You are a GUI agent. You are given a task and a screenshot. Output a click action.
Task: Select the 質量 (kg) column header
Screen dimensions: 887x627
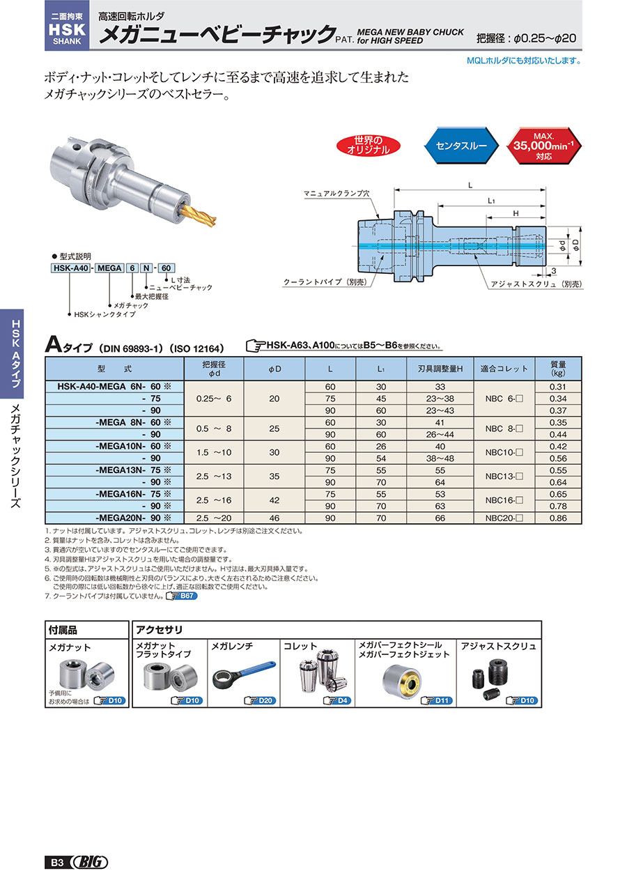[558, 368]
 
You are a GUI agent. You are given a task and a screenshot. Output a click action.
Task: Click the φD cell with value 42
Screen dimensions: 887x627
[274, 500]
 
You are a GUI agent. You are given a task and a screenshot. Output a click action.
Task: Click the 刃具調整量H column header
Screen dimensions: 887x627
[440, 368]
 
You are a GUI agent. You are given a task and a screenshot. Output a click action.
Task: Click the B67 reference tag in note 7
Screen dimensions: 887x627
[180, 596]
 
